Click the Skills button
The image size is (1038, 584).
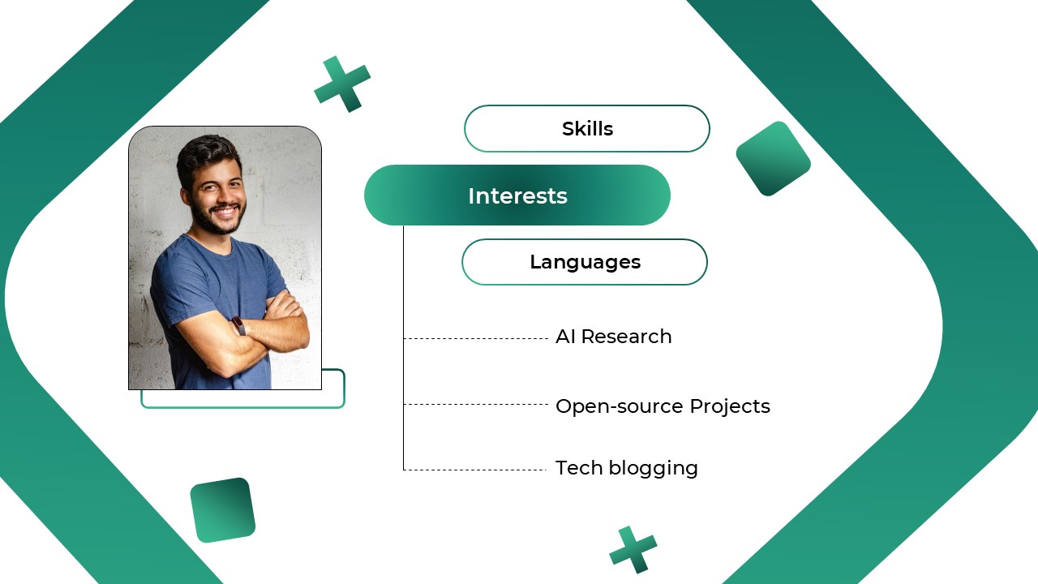pos(587,128)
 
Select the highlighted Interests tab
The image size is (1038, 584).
pos(517,195)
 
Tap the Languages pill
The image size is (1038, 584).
pos(585,262)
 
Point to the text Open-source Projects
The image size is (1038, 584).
pos(663,406)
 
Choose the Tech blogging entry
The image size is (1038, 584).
pos(626,468)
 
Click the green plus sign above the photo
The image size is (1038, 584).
pos(342,84)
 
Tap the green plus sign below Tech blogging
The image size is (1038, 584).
pos(633,549)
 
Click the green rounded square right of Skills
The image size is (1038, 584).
pos(773,159)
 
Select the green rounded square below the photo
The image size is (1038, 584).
pos(222,509)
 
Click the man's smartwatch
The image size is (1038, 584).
pos(239,325)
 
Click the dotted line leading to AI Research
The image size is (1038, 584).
pos(476,338)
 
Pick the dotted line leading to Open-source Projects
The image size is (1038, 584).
pos(476,404)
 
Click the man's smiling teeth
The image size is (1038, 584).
pos(226,210)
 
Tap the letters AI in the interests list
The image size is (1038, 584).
pos(565,337)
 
